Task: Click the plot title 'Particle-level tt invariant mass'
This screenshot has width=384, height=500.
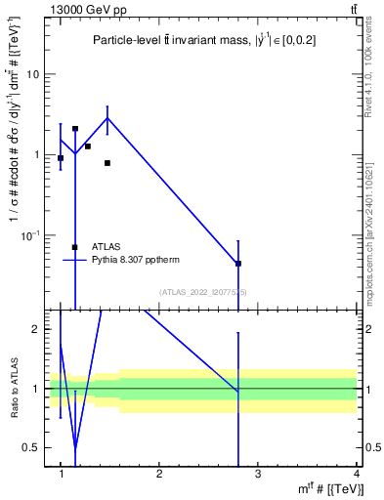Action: point(204,40)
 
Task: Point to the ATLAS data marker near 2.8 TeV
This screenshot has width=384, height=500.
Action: point(238,264)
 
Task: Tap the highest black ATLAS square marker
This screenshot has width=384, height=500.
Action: point(75,128)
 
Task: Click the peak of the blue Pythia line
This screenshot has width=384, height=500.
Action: point(107,118)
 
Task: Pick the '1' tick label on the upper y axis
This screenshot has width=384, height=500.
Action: point(36,154)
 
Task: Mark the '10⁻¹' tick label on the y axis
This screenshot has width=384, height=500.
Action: point(30,234)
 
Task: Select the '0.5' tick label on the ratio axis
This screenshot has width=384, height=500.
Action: point(32,447)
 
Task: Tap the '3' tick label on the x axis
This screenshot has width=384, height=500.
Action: point(257,474)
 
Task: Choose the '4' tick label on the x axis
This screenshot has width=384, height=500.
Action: point(356,474)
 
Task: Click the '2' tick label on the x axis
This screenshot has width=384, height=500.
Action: point(159,474)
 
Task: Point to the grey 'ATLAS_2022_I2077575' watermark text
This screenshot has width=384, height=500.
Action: point(204,291)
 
